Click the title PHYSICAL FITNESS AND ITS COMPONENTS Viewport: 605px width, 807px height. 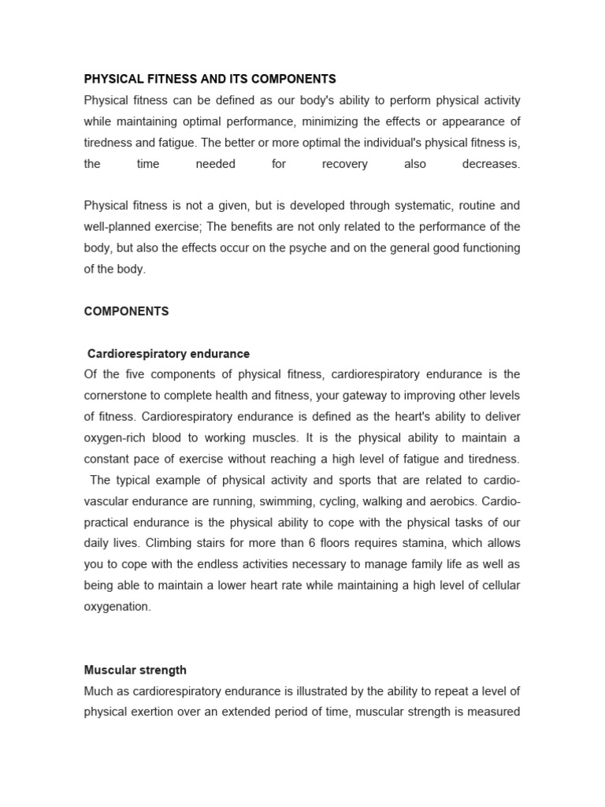pos(210,79)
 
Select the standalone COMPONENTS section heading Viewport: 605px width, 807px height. pos(126,311)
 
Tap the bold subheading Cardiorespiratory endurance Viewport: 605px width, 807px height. pos(169,354)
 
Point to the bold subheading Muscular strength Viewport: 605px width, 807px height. pos(135,670)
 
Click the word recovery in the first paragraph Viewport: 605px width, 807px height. pos(345,164)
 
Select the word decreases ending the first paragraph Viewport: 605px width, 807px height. pos(491,164)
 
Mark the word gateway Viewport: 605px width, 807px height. pos(370,396)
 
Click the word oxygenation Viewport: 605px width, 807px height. pos(117,607)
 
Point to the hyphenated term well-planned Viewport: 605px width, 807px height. pos(121,227)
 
